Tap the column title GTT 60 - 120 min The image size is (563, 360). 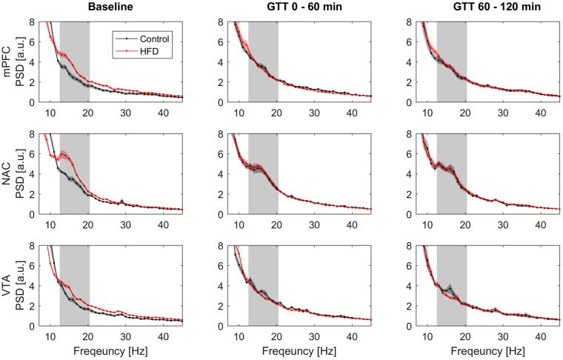tap(486, 7)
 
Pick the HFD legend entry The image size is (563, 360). tap(147, 50)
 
